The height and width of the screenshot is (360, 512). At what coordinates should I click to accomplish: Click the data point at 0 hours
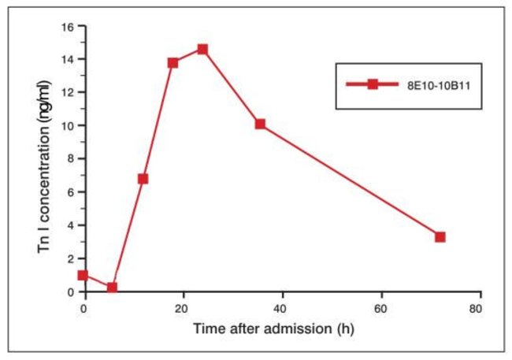tap(83, 276)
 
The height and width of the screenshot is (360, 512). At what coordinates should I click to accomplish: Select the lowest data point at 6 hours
tap(112, 288)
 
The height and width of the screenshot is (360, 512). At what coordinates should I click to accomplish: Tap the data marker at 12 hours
tap(143, 179)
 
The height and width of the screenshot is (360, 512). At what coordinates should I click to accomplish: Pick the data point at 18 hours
tap(173, 63)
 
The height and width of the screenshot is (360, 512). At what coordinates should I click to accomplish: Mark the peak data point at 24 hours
tap(202, 50)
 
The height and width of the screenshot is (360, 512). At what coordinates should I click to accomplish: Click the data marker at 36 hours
tap(261, 124)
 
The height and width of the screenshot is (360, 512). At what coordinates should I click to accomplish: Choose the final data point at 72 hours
tap(440, 237)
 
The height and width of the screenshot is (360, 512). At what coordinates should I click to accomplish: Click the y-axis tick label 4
tap(70, 225)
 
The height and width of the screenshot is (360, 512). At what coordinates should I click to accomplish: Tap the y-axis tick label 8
tap(70, 159)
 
